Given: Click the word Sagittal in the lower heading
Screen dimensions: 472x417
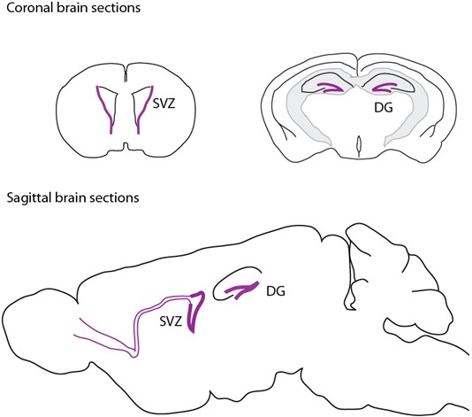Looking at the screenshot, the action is tap(29, 198).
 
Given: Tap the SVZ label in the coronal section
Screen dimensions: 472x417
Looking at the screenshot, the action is tap(164, 104).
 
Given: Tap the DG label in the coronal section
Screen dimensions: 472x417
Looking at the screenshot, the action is tap(384, 108).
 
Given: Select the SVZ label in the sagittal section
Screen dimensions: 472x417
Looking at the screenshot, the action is tap(171, 321).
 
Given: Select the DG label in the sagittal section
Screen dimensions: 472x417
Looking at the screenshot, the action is tap(276, 291).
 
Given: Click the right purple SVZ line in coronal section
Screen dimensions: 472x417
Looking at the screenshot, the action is tap(145, 110).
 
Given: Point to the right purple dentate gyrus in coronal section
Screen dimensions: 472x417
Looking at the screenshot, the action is tap(385, 88).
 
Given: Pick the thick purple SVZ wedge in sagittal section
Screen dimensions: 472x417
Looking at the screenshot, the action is tap(195, 311).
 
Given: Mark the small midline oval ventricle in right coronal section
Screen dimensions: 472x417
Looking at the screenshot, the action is tap(359, 144).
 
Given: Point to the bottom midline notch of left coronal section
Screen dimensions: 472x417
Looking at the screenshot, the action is tap(126, 147).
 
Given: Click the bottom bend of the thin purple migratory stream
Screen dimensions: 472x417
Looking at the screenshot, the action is tap(133, 355).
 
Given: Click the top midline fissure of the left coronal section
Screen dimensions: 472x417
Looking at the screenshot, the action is tap(126, 73).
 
